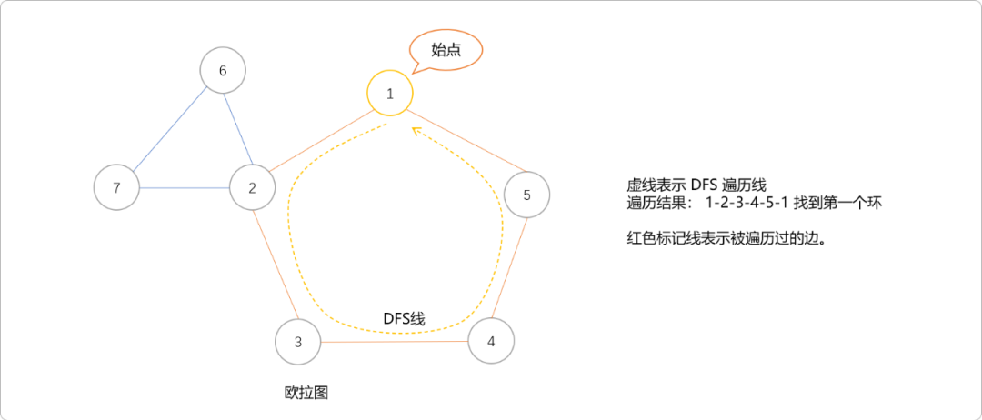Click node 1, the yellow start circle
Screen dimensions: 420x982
click(390, 93)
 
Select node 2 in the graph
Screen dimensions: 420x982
click(253, 188)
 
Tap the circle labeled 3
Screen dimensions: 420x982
click(298, 342)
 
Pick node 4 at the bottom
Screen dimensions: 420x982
click(491, 341)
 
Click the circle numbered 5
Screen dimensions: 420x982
click(527, 195)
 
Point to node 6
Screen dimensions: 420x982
click(223, 71)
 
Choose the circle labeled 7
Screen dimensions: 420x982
click(116, 188)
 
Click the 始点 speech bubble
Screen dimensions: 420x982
click(446, 50)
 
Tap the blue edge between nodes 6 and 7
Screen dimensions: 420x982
click(169, 129)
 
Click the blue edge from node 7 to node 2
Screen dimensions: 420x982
click(185, 188)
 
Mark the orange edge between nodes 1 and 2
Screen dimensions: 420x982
click(321, 141)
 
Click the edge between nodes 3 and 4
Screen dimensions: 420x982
click(395, 342)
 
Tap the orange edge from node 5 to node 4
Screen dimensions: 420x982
click(509, 268)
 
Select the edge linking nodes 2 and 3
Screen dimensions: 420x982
click(276, 265)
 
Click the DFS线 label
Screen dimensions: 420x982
click(404, 318)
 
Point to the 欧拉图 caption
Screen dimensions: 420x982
click(306, 393)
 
